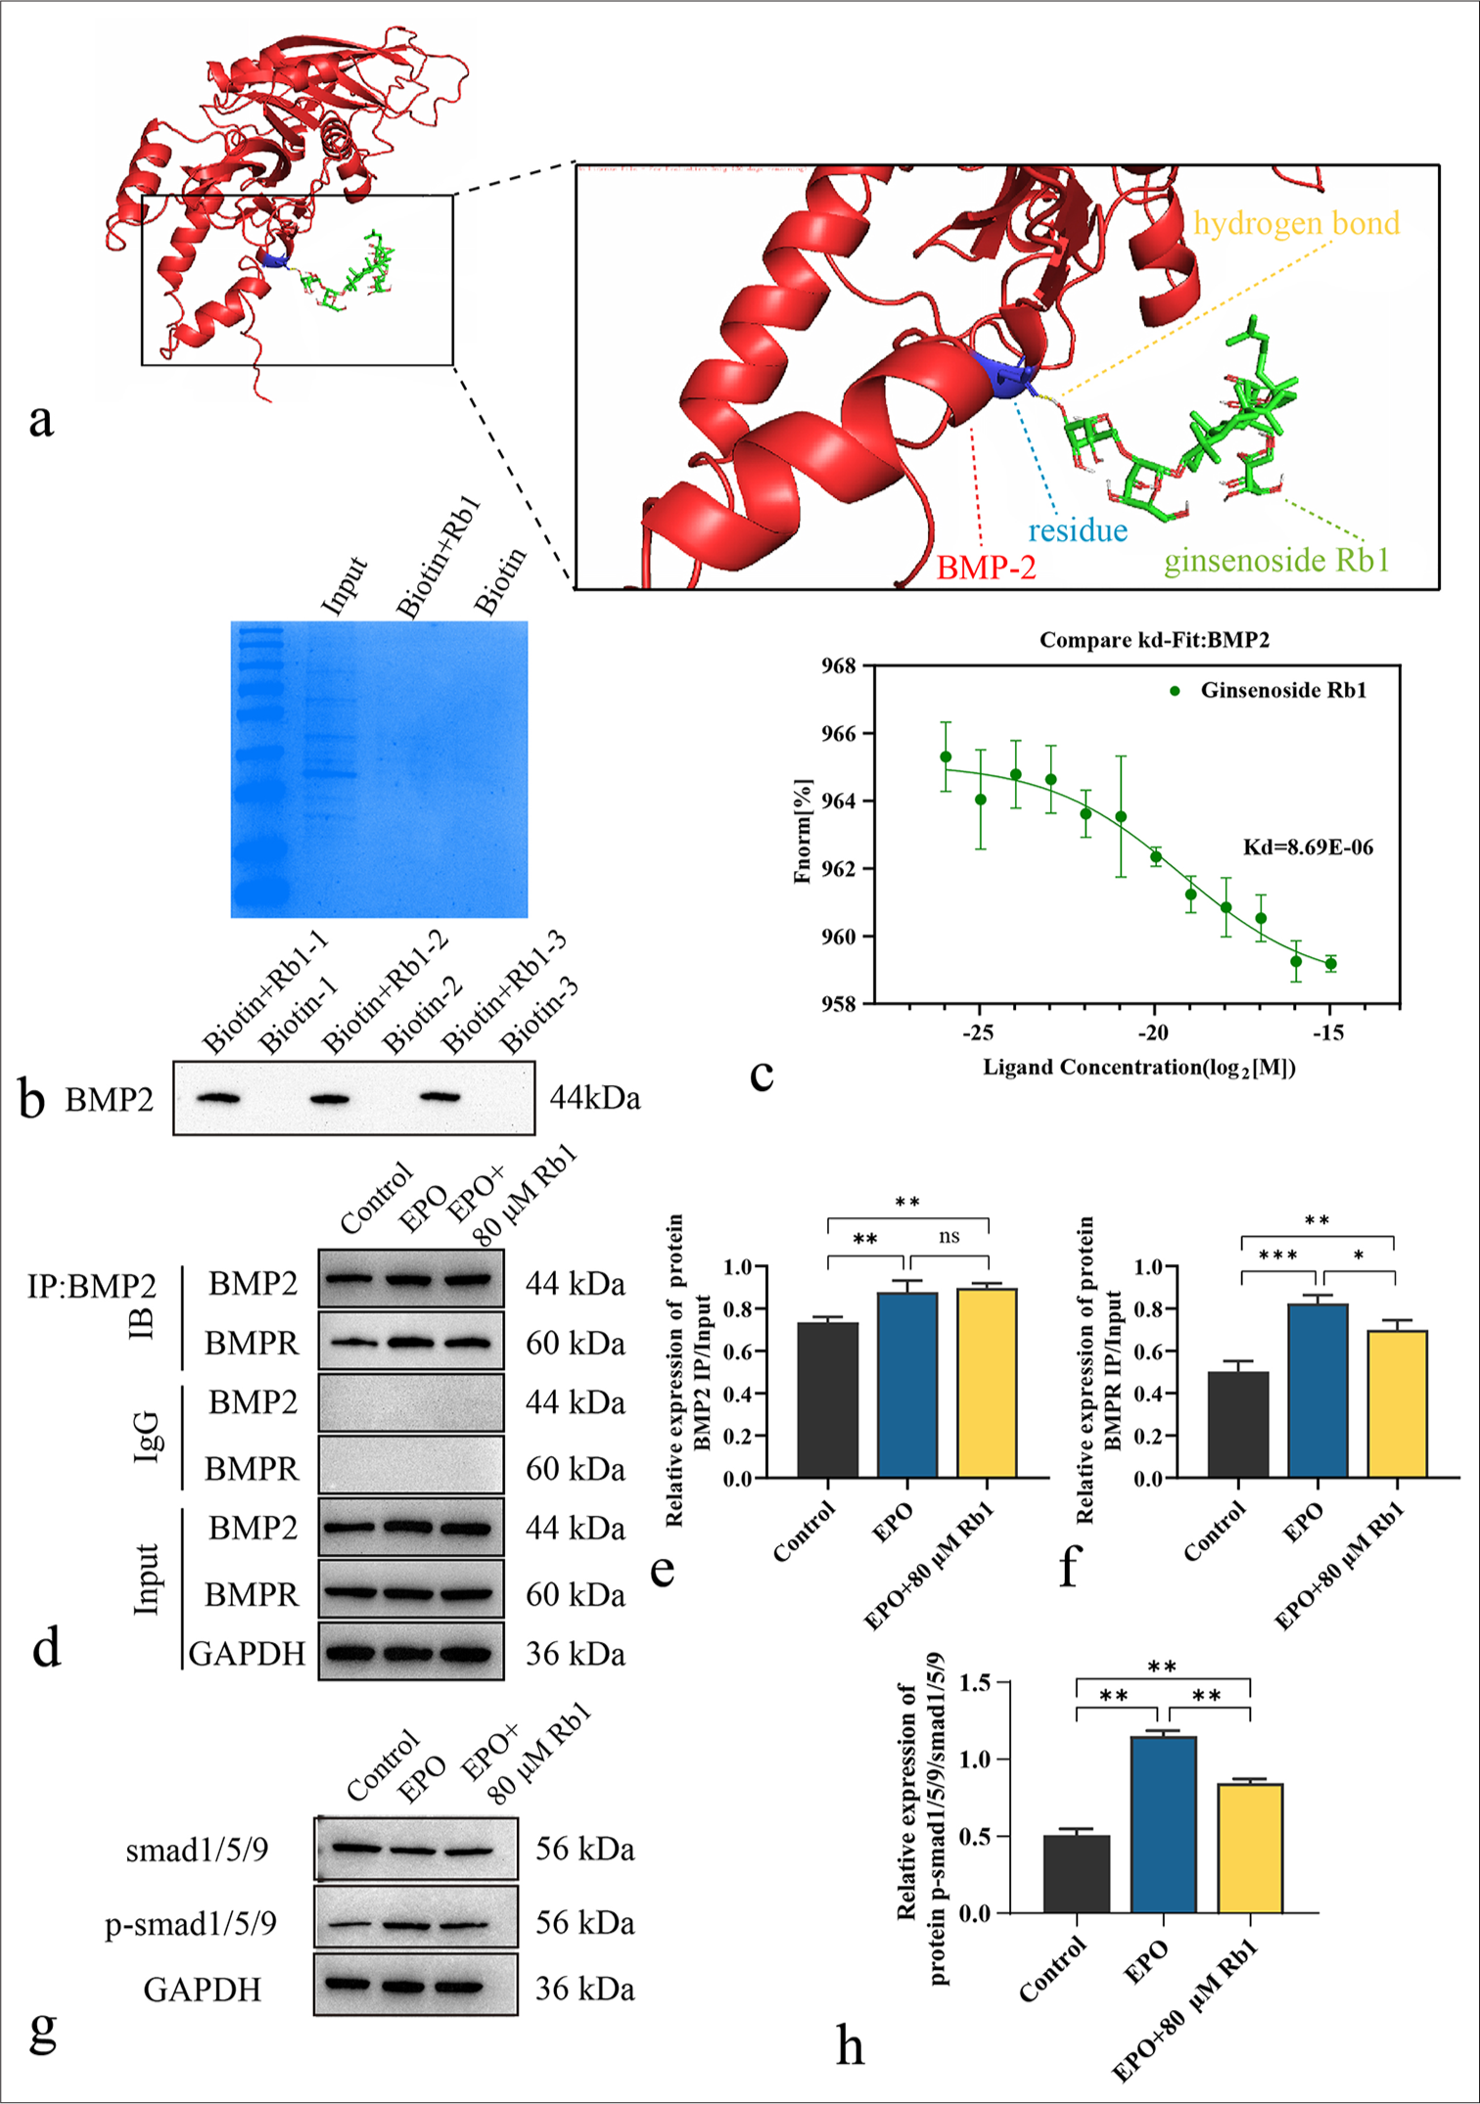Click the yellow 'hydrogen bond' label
(x=1296, y=224)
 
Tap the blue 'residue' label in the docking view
(x=1077, y=531)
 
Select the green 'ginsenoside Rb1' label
(x=1275, y=561)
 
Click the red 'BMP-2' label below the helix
(x=986, y=568)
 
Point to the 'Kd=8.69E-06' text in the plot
(x=1308, y=847)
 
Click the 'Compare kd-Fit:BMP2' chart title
(x=1154, y=640)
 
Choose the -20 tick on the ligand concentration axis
(x=1153, y=1033)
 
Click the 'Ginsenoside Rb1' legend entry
(x=1282, y=691)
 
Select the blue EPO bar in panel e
(x=906, y=1385)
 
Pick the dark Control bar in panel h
(x=1076, y=1874)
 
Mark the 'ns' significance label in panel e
(x=948, y=1236)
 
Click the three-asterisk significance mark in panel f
(x=1278, y=1256)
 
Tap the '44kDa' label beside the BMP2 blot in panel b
(x=594, y=1098)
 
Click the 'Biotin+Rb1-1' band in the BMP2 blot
(x=218, y=1098)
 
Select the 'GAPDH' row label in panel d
(x=247, y=1654)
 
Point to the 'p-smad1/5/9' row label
(x=191, y=1924)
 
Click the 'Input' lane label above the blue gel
(x=344, y=586)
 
